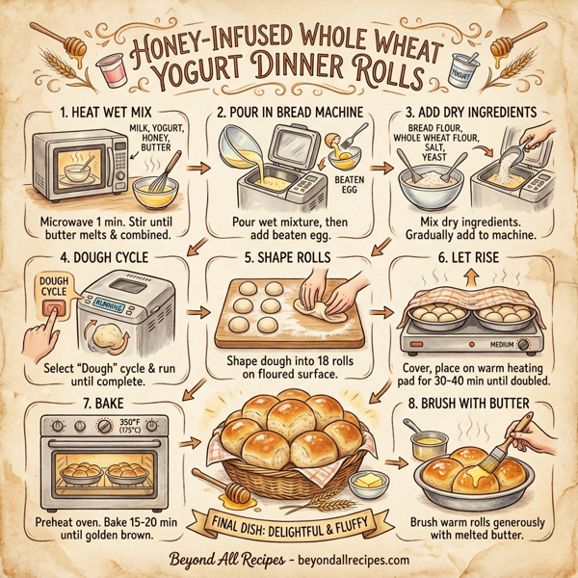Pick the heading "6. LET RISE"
tap(474, 257)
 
